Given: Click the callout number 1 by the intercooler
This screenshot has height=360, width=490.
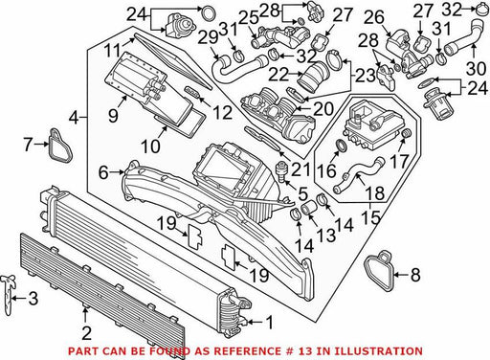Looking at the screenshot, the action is [x=270, y=323].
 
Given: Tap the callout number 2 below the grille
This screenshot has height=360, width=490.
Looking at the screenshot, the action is [x=86, y=333].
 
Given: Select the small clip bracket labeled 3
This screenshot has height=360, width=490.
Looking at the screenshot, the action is [x=9, y=295].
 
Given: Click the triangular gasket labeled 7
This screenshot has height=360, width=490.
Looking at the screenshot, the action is [x=60, y=146].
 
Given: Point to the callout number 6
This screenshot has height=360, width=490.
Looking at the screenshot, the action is [x=103, y=172].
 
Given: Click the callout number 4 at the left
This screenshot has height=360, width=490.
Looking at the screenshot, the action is [x=74, y=119].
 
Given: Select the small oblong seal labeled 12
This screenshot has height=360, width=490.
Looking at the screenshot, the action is [x=192, y=91].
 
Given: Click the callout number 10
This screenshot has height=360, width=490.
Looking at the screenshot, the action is [x=150, y=146].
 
